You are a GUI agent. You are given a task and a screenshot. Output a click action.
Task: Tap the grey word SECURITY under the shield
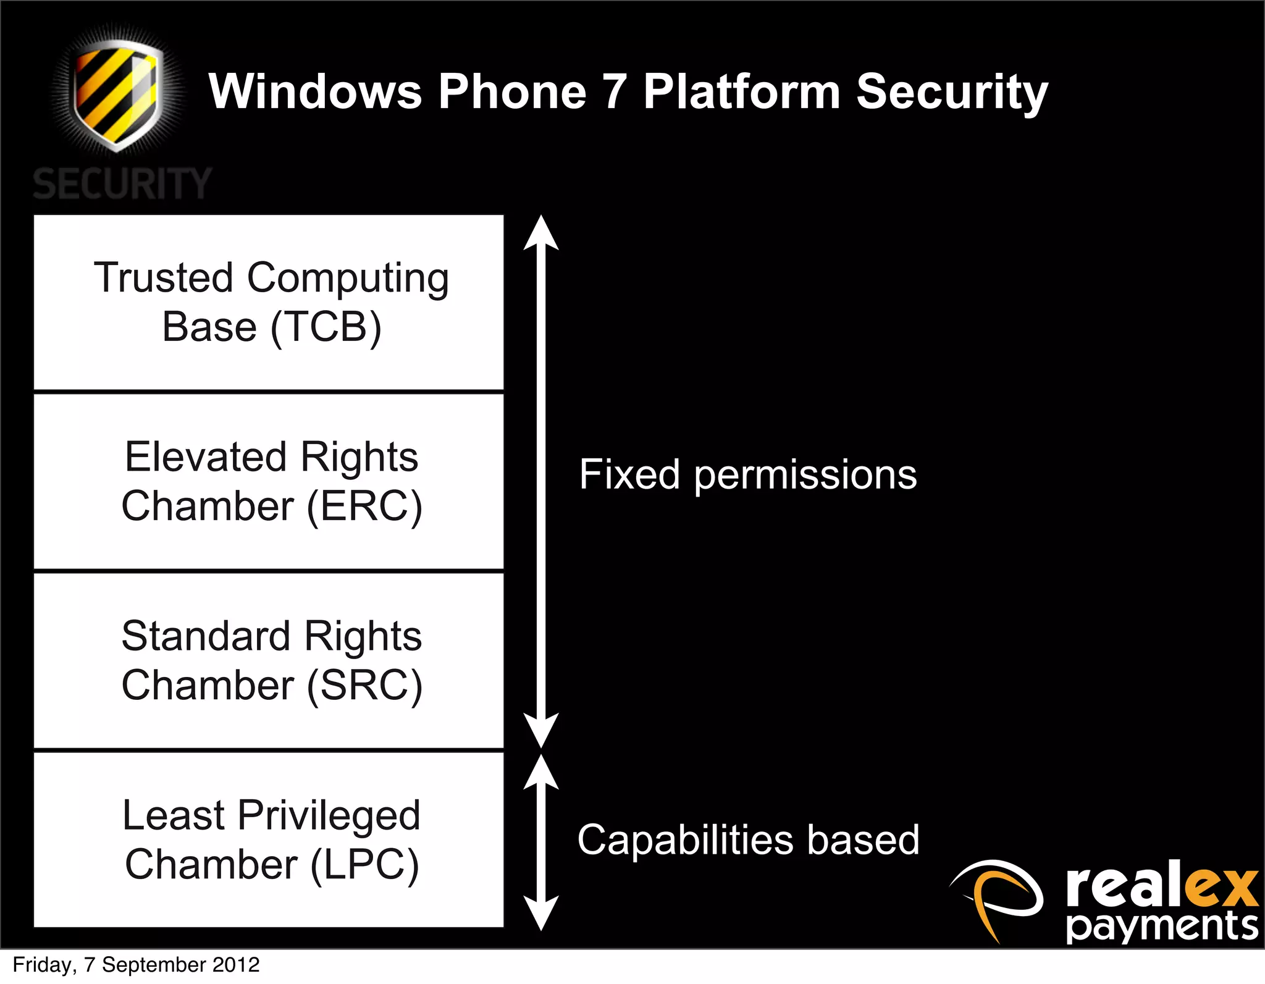(122, 184)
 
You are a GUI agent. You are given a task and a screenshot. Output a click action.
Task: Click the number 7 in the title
(614, 91)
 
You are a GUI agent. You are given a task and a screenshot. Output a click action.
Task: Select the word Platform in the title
(741, 91)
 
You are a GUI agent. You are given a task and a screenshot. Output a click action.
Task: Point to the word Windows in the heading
(315, 91)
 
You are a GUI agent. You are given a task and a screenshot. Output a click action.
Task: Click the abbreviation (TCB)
(326, 327)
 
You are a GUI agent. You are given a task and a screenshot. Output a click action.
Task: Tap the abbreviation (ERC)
(364, 507)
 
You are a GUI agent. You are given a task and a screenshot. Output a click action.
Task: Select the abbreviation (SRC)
(364, 686)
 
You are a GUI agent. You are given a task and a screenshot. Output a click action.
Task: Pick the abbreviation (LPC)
(364, 865)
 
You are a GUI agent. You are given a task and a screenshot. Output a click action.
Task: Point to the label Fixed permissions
(747, 474)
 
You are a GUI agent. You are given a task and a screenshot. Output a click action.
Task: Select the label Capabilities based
(748, 840)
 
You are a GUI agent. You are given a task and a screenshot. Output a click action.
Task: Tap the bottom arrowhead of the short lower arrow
(541, 914)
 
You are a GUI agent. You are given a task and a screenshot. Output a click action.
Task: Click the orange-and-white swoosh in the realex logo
(996, 896)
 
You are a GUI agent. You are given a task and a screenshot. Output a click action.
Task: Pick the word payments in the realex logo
(1161, 927)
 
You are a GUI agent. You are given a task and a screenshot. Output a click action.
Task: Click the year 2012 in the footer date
(235, 965)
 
